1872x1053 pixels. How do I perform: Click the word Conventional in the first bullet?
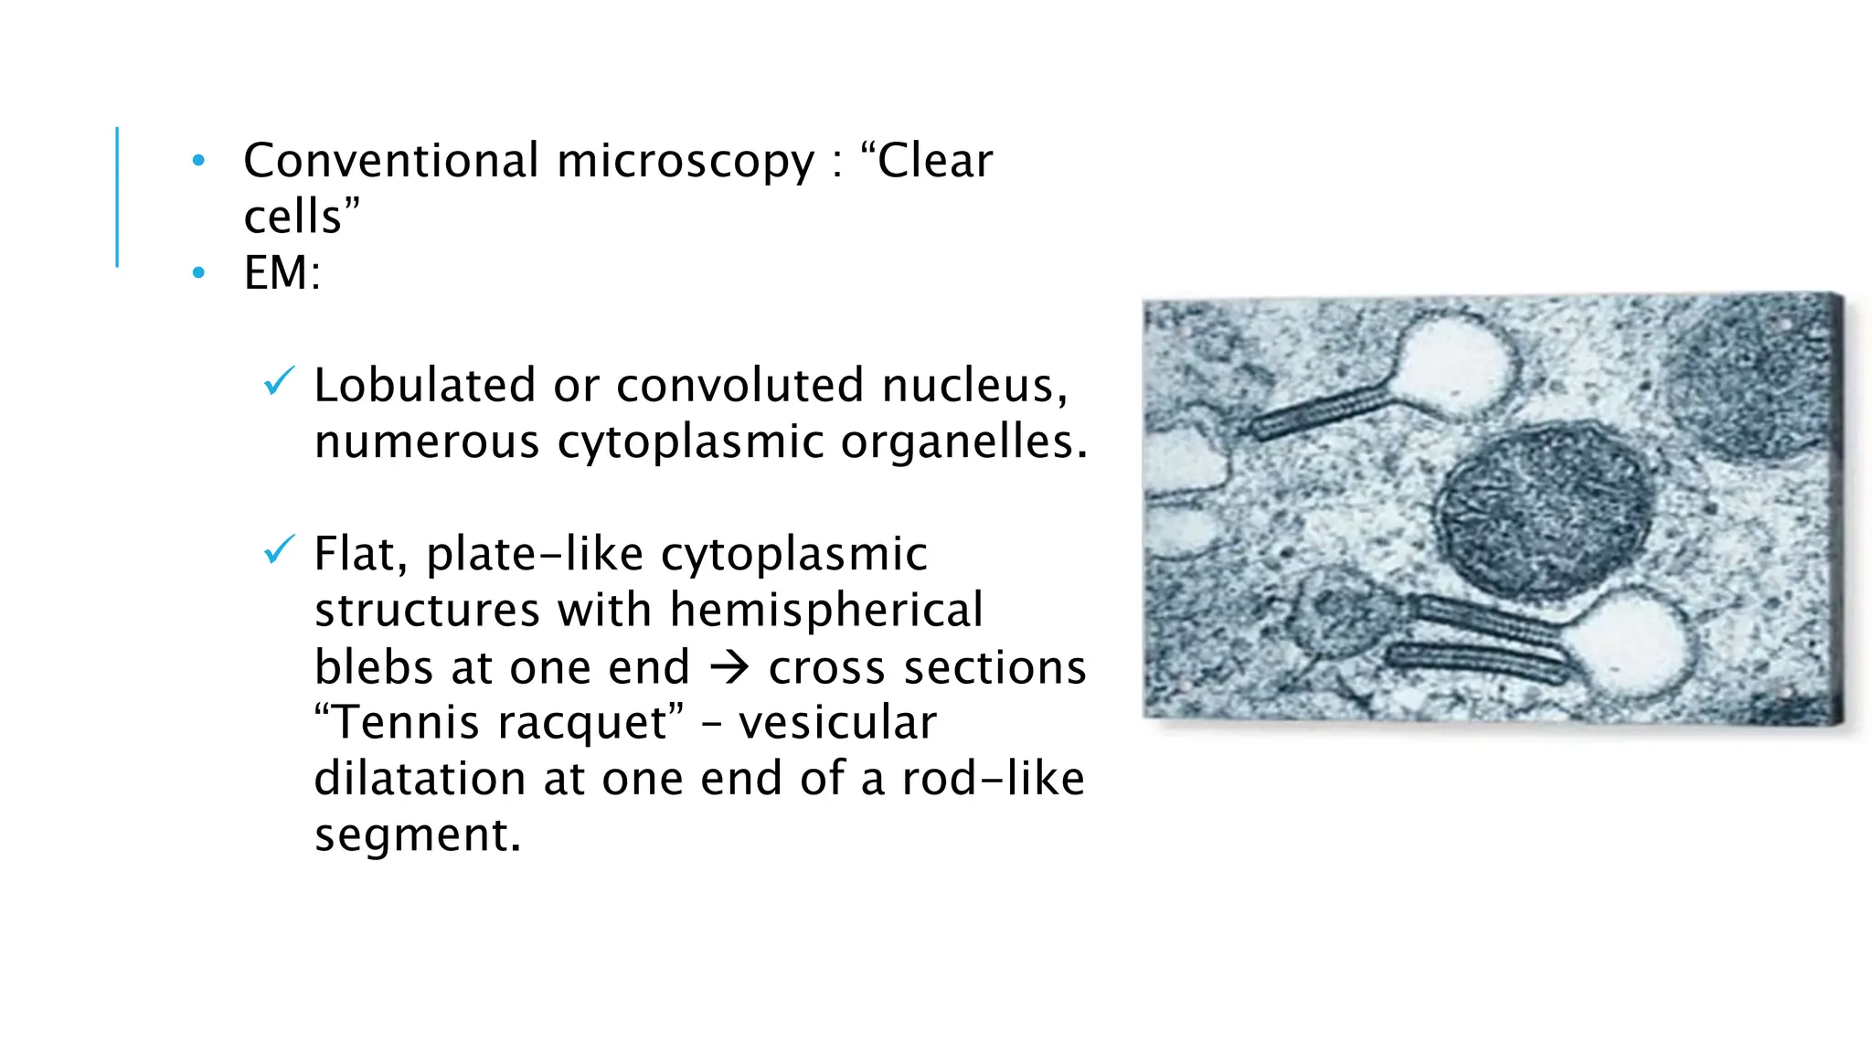coord(390,161)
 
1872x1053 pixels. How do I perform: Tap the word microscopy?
coord(685,163)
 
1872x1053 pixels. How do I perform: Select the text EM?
coord(282,272)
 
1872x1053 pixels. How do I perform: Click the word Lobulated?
coord(424,385)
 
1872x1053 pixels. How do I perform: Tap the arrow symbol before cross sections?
coord(729,667)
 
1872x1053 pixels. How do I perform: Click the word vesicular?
coord(837,722)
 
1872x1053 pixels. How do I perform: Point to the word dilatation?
coord(420,779)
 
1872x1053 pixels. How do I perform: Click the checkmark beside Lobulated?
coord(278,380)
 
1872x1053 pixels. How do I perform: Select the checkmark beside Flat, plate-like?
coord(278,549)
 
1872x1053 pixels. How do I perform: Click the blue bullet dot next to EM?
coord(198,272)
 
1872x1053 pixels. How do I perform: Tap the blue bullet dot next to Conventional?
coord(198,162)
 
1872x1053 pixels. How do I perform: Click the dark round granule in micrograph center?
coord(1545,512)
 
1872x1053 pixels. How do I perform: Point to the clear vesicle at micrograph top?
coord(1453,364)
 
